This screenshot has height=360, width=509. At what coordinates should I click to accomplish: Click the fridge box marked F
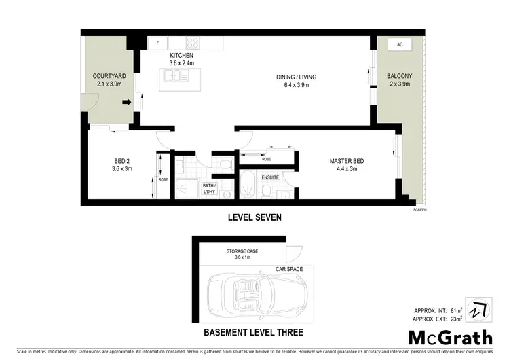[x=157, y=43]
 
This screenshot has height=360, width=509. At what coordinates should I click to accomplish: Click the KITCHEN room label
[x=181, y=56]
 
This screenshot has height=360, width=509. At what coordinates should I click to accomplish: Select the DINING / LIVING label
[x=297, y=77]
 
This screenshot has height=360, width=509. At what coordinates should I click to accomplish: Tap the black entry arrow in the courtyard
[x=126, y=103]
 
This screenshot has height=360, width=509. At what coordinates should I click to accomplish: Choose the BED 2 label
[x=122, y=161]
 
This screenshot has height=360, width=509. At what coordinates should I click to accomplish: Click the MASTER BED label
[x=347, y=161]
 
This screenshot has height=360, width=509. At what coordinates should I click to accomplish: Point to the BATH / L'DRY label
[x=210, y=187]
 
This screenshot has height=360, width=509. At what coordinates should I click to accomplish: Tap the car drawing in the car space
[x=260, y=293]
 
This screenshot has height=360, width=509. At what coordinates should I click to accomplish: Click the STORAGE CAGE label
[x=242, y=251]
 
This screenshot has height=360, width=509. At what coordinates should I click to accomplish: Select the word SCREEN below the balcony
[x=419, y=211]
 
